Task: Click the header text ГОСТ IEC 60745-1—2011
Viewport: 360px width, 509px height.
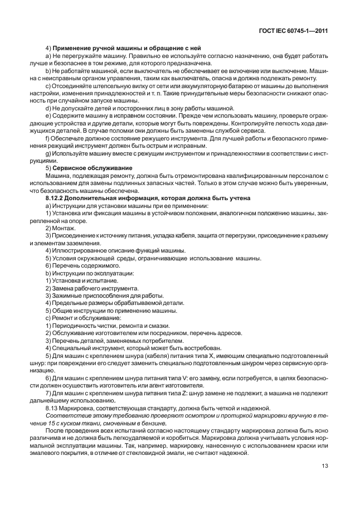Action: [x=294, y=31]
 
